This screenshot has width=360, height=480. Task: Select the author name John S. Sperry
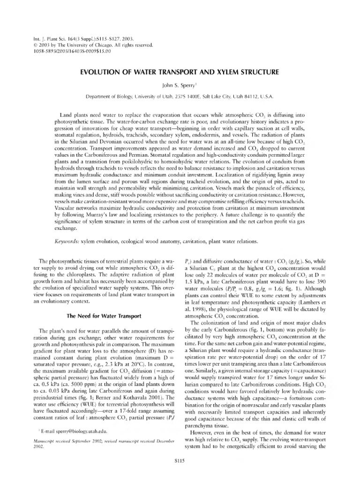(180, 85)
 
